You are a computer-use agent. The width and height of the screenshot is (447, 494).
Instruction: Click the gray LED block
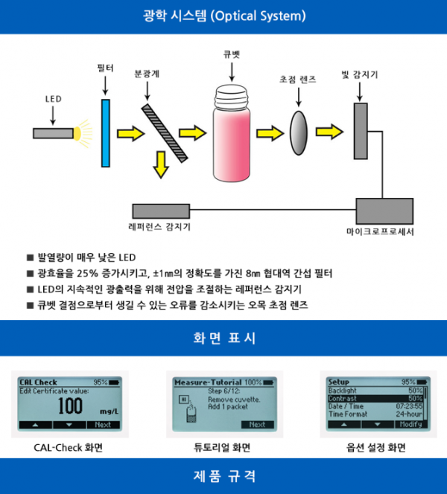[x=52, y=133]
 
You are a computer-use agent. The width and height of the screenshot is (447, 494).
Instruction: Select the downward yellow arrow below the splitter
[x=159, y=164]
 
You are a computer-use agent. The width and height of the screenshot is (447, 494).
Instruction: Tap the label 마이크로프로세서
[x=385, y=233]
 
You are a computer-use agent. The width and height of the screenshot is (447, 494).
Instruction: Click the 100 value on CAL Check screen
[x=71, y=406]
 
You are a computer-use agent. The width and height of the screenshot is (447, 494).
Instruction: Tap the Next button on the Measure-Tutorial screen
[x=256, y=424]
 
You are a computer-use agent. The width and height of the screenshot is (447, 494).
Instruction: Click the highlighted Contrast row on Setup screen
[x=375, y=399]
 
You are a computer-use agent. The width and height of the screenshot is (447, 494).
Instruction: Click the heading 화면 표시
[x=223, y=339]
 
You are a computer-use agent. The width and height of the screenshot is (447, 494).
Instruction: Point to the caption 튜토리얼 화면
[x=223, y=448]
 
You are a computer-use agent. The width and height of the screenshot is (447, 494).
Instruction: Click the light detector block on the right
[x=361, y=131]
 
